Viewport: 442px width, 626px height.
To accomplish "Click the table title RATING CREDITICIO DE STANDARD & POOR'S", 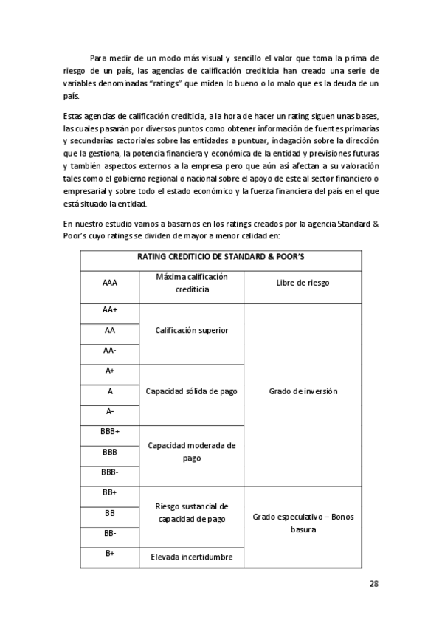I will (221, 258).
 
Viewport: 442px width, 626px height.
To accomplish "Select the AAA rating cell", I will (109, 283).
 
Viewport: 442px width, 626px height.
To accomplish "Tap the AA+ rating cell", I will (109, 310).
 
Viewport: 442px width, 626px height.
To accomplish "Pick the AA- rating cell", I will (109, 351).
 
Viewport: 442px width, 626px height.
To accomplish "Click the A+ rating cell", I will (109, 371).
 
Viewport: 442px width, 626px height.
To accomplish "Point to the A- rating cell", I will (109, 411).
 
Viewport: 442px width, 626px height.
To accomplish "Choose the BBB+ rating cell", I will (109, 431).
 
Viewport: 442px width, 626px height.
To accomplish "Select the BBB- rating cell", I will (109, 472).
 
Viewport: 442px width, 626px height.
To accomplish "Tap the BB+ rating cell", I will (109, 492).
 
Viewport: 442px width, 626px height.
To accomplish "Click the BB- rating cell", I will (109, 532).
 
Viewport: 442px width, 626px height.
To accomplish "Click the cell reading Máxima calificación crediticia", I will (191, 283).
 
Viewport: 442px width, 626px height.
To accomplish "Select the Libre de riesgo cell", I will (303, 283).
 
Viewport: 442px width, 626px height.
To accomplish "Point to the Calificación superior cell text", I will (191, 331).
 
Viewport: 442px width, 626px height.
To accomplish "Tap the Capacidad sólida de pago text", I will (191, 391).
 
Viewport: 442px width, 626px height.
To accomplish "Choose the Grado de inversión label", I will (303, 391).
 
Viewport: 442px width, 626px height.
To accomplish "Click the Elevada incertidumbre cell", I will (191, 557).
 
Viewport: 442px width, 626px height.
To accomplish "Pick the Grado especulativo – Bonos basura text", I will (303, 523).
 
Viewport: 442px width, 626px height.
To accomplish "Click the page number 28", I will (373, 584).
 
